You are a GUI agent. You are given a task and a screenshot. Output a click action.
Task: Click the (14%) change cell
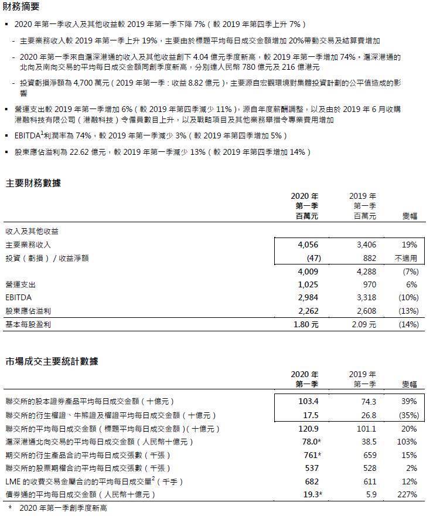(x=406, y=324)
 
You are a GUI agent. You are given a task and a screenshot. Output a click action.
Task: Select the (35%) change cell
(x=406, y=415)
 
